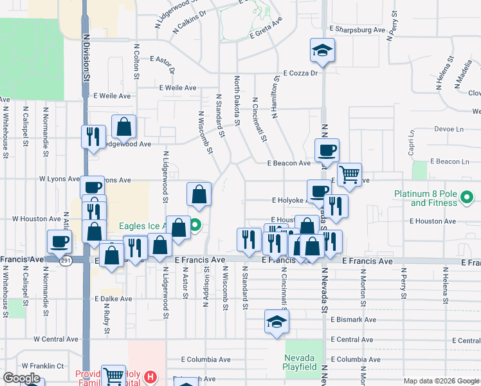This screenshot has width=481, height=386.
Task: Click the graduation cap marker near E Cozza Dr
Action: point(322,51)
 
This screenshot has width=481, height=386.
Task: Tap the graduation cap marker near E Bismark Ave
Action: point(277,322)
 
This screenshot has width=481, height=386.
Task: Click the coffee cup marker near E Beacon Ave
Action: point(327,151)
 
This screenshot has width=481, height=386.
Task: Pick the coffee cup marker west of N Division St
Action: point(60,242)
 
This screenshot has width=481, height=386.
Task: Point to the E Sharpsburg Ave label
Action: point(357,30)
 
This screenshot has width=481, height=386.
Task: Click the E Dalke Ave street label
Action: point(113,299)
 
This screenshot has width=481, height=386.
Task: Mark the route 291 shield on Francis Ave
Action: point(66,261)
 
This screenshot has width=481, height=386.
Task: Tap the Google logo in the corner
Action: point(22,378)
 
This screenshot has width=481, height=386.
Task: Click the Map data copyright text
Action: point(441,381)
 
